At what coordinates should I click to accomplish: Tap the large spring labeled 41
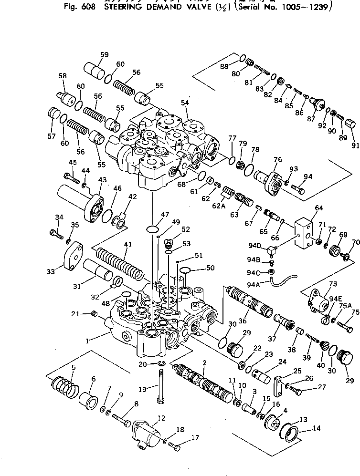tap(120, 264)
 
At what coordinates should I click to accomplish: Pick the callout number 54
tap(184, 103)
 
